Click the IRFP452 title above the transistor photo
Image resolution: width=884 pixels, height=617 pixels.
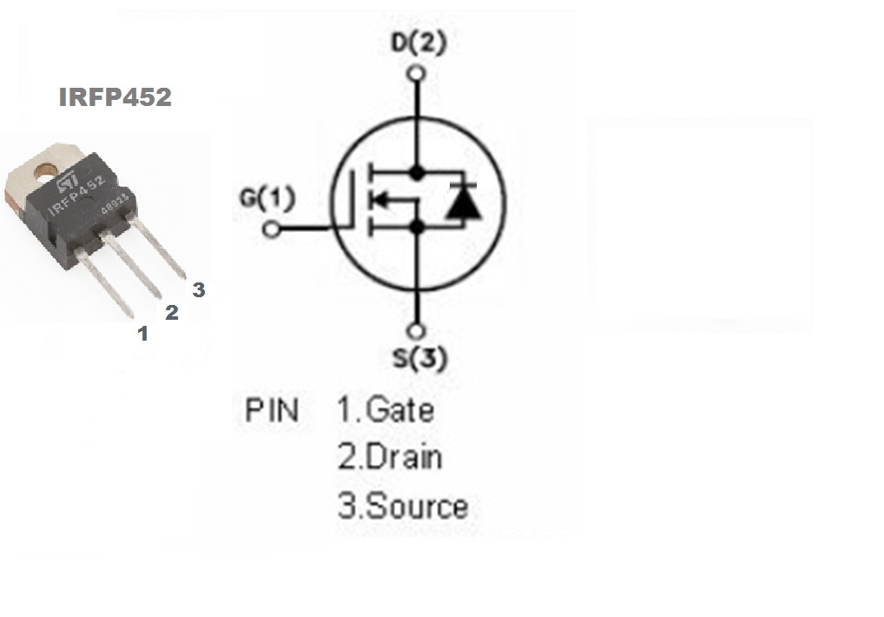115,97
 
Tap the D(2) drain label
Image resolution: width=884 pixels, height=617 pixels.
418,43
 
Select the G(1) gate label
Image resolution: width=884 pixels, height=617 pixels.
267,199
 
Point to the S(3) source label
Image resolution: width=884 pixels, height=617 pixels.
418,358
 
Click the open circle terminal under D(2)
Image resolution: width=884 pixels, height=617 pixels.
418,73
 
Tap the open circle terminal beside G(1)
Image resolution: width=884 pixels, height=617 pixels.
272,229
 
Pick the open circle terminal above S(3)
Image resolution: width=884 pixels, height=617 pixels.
418,331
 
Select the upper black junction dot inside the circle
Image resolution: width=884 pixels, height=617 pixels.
418,173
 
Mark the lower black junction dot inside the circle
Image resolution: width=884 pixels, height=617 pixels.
418,228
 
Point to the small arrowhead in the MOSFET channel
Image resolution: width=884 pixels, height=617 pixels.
379,201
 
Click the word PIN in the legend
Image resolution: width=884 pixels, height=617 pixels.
272,410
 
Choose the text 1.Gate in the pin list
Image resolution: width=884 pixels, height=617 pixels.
386,408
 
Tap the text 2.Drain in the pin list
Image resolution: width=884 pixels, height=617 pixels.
389,457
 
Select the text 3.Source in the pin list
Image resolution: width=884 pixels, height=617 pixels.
402,507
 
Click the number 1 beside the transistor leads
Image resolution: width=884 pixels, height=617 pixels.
143,333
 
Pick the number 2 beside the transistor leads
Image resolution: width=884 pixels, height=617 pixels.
172,313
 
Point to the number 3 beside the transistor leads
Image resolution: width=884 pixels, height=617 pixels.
199,290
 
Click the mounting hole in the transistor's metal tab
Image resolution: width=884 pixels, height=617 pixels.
45,167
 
